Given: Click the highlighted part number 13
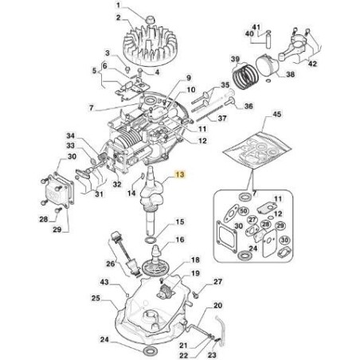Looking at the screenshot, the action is click(x=180, y=174).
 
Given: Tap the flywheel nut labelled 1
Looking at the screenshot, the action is click(x=150, y=20).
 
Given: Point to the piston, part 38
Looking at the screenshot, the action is click(x=266, y=66).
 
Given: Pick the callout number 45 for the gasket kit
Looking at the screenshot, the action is click(x=276, y=115).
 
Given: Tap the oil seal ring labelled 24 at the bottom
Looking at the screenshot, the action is click(x=151, y=351).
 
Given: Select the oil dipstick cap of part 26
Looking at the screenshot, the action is click(x=115, y=236).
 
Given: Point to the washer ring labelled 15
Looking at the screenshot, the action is click(x=151, y=241).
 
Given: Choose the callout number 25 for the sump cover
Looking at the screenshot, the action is click(x=96, y=298).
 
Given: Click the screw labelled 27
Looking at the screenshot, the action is click(x=195, y=294).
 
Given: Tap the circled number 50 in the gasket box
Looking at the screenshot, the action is click(x=243, y=212).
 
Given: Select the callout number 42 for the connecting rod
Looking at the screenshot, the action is click(x=312, y=64).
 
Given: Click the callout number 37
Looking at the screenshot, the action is click(x=222, y=118).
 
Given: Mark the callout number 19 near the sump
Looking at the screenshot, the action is click(x=195, y=273).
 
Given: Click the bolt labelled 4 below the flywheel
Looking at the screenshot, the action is click(x=140, y=72).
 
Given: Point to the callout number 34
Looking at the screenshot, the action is click(x=71, y=136).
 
